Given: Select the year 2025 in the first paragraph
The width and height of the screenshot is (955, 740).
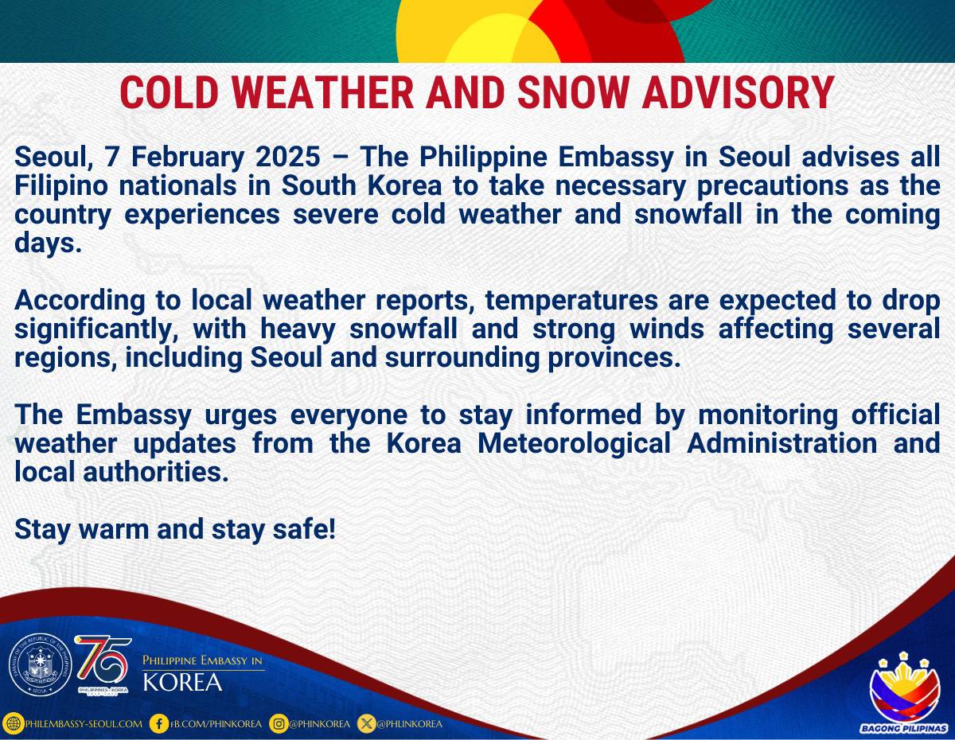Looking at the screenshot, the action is coord(288,157).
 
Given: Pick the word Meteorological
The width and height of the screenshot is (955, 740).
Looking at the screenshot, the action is coord(574,444).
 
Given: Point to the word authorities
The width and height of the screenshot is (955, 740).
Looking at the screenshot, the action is coord(156,473).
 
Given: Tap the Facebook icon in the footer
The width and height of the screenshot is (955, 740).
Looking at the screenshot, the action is coord(158,724).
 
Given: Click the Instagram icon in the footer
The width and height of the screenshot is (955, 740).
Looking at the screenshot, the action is coord(279,724).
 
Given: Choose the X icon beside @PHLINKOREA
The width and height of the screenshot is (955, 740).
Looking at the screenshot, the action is coord(366,724).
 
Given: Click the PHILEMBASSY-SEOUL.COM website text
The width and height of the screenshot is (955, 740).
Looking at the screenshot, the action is coord(84,724).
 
